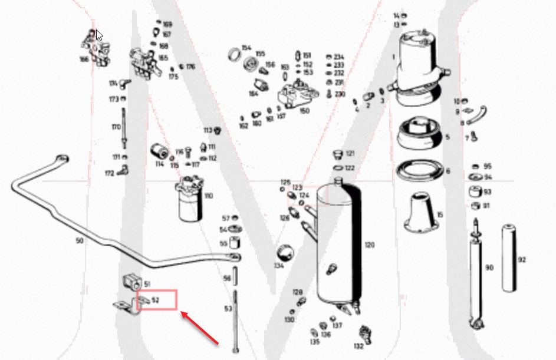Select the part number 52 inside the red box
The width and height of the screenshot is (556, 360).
[156, 300]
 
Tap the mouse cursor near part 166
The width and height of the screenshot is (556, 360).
[100, 35]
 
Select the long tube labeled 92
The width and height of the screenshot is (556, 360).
[509, 257]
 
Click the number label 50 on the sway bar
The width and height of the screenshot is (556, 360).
[79, 241]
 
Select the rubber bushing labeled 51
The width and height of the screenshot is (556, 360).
[132, 282]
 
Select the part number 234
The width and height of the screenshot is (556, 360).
[339, 57]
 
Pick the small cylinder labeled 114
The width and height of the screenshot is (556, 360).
[158, 150]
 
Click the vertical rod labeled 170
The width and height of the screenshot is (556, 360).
[123, 127]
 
